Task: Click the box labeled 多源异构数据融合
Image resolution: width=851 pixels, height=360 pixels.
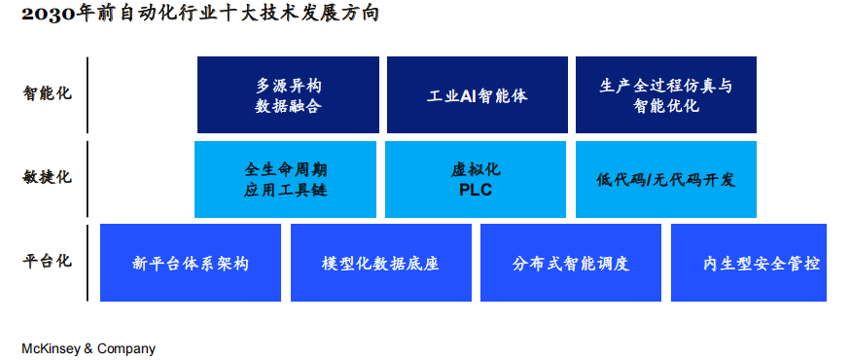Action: coord(288,94)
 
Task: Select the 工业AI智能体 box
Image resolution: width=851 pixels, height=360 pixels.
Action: coord(477,94)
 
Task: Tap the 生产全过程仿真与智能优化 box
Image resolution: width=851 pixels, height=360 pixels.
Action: coord(665,94)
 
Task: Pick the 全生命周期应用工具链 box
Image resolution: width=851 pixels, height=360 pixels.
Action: coord(285,179)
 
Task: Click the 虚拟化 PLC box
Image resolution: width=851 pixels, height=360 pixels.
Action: coord(476,179)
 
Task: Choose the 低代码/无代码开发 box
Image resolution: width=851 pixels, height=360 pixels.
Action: coord(665,179)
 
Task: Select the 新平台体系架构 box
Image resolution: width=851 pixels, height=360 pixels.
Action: coord(191,263)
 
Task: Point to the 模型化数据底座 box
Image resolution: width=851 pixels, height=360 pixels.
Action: coord(380,263)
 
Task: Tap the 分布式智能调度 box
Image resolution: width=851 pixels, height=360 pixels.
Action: coord(571,263)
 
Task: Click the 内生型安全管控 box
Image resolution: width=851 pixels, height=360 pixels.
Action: coord(749,263)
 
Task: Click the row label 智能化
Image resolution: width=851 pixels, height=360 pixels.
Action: coord(48,94)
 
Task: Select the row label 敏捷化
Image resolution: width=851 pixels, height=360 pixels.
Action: coord(48,177)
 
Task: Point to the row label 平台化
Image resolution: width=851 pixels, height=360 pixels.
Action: coord(48,262)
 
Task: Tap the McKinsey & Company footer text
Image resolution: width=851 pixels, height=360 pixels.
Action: coord(89,348)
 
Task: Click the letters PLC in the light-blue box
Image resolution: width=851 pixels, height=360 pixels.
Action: coord(476,190)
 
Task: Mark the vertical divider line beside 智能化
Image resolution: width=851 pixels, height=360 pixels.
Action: coord(88,94)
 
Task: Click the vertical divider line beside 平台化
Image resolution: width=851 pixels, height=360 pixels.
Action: coord(88,263)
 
